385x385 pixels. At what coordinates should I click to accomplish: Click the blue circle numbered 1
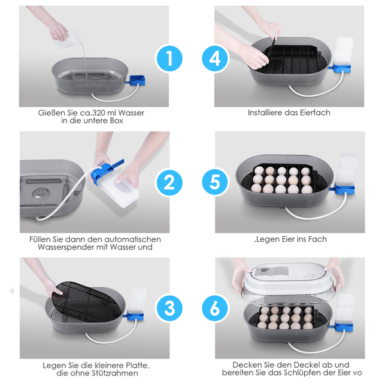(169, 58)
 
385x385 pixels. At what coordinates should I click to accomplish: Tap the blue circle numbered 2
(169, 183)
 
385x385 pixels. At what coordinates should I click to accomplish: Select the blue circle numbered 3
(169, 308)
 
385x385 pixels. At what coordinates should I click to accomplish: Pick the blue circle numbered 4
(215, 58)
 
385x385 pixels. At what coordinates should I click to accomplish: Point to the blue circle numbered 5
(215, 182)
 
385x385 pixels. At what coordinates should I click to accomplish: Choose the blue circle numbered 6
(215, 308)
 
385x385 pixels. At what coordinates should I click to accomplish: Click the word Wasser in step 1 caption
(131, 113)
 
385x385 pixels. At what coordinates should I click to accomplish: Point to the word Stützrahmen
(115, 373)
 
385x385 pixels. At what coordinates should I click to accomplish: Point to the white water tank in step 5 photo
(346, 170)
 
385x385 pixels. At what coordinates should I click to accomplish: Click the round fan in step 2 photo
(40, 194)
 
